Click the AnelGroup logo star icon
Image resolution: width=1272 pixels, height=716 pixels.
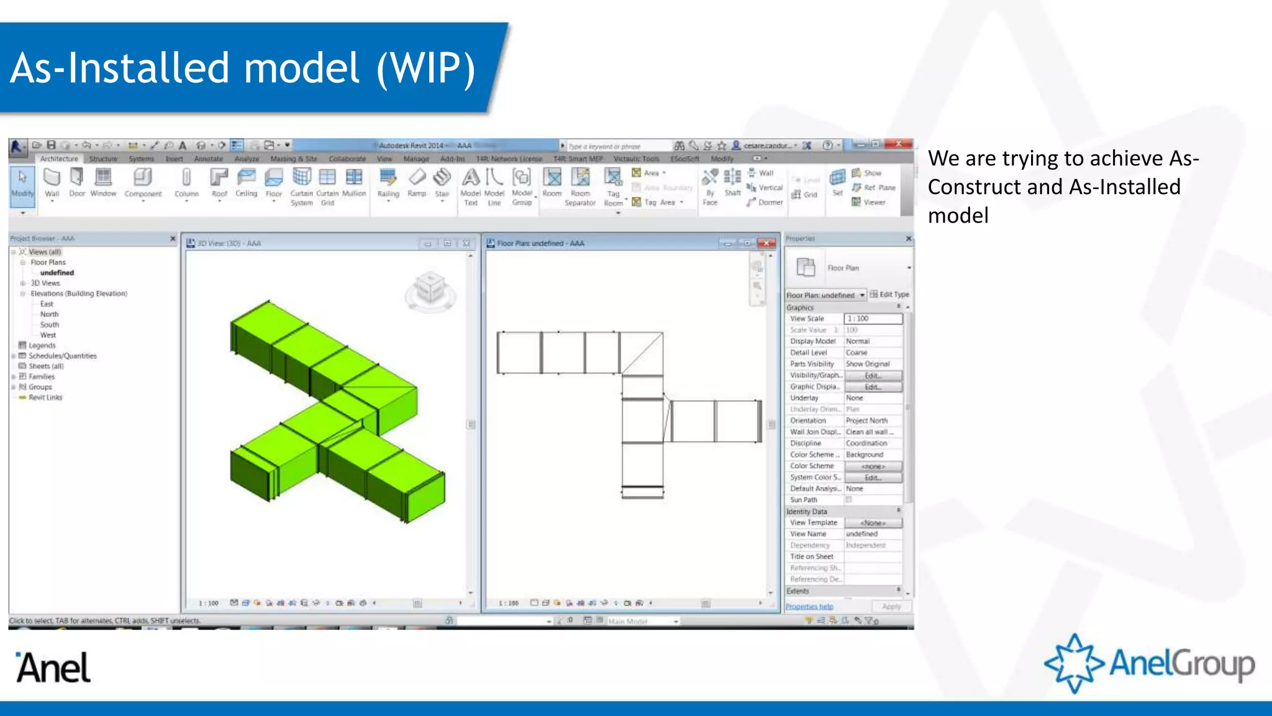(x=1074, y=663)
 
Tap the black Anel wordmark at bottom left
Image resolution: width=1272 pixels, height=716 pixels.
(x=53, y=668)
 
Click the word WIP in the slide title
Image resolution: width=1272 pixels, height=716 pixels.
(x=426, y=68)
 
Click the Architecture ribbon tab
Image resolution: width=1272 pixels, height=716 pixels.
(x=59, y=159)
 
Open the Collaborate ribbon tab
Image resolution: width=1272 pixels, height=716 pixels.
(x=347, y=159)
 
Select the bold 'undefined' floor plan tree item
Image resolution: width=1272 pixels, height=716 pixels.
(x=57, y=273)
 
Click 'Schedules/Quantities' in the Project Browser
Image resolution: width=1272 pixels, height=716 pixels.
(x=62, y=356)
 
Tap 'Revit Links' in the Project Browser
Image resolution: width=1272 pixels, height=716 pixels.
(x=45, y=398)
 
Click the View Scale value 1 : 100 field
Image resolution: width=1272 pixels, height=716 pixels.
(x=873, y=319)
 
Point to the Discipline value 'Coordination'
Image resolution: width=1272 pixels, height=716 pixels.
(x=866, y=444)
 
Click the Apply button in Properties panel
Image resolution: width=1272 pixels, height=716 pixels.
(x=891, y=607)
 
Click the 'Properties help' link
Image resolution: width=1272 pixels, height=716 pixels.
(x=809, y=607)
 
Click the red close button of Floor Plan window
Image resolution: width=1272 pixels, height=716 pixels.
(x=767, y=244)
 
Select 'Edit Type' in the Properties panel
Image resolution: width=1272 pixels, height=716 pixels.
(x=890, y=295)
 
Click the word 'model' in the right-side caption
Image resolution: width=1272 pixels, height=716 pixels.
(x=958, y=216)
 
